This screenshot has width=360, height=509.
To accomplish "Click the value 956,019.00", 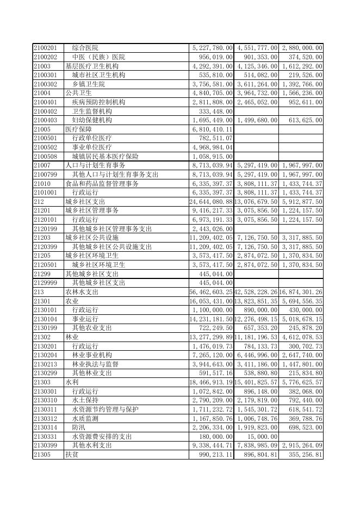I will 212,57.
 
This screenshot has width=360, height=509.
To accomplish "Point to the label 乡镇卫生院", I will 89,84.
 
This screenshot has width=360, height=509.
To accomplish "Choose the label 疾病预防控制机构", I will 98,102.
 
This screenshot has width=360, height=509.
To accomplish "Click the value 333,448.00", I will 212,111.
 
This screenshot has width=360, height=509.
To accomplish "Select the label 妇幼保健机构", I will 92,120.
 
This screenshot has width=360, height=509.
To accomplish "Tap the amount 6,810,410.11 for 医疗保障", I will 212,129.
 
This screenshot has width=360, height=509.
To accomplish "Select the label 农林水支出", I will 82,292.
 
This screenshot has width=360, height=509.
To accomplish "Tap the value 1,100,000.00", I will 212,310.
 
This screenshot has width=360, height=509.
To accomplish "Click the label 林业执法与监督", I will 95,364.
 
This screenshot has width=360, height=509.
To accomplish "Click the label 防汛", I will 79,427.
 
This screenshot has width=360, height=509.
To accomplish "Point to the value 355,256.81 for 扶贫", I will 302,454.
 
